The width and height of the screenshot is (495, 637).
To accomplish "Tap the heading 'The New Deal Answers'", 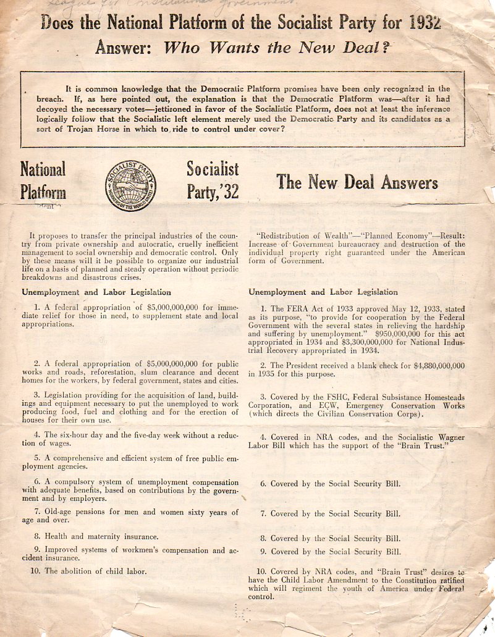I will click(x=357, y=182).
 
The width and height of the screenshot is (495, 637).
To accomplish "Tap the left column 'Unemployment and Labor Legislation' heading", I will click(x=96, y=292).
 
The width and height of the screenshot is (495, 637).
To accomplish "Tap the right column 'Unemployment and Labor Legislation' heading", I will click(x=323, y=292).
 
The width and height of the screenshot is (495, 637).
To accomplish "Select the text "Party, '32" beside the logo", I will click(x=212, y=193).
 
